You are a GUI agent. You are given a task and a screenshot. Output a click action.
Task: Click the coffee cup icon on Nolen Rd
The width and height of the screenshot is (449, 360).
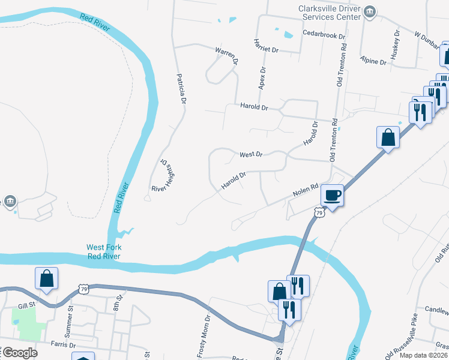click(x=332, y=194)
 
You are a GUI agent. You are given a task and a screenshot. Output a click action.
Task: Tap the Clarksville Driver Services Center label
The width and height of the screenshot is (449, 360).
click(x=330, y=13)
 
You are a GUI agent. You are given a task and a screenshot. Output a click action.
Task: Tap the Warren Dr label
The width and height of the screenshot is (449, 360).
click(x=228, y=56)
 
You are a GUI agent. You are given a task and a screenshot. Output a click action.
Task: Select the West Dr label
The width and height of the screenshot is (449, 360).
click(x=251, y=155)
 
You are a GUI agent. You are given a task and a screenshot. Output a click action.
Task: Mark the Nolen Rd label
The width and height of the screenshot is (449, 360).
click(x=305, y=190)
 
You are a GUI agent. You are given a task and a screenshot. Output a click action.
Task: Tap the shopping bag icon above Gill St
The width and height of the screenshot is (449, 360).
click(x=46, y=278)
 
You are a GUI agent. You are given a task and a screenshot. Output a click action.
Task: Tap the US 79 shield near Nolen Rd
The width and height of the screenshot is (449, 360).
click(x=319, y=212)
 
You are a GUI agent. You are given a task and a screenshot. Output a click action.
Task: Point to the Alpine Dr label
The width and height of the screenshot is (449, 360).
click(x=373, y=61)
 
